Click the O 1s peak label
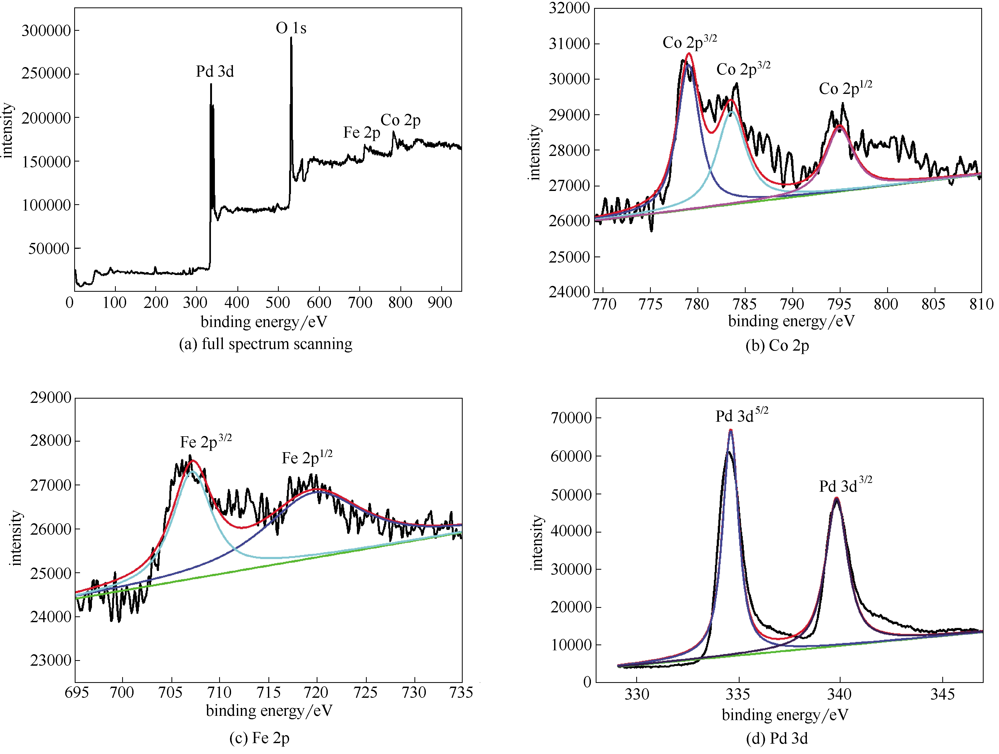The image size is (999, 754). click(291, 28)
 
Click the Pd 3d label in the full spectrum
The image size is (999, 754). click(215, 71)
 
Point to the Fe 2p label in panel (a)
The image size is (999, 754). click(361, 132)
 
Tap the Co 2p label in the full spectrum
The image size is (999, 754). click(401, 120)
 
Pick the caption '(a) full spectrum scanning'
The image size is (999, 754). click(266, 344)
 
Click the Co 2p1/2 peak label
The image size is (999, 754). click(846, 88)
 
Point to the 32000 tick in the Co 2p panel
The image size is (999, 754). click(569, 8)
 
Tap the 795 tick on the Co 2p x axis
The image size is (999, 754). click(839, 304)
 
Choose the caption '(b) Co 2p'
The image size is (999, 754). click(777, 345)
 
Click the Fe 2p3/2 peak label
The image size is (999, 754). click(206, 441)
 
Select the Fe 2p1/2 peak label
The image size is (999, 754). click(307, 457)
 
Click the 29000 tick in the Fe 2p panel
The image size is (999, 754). click(51, 398)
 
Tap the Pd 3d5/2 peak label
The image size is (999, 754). click(742, 415)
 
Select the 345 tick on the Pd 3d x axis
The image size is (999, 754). click(943, 694)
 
